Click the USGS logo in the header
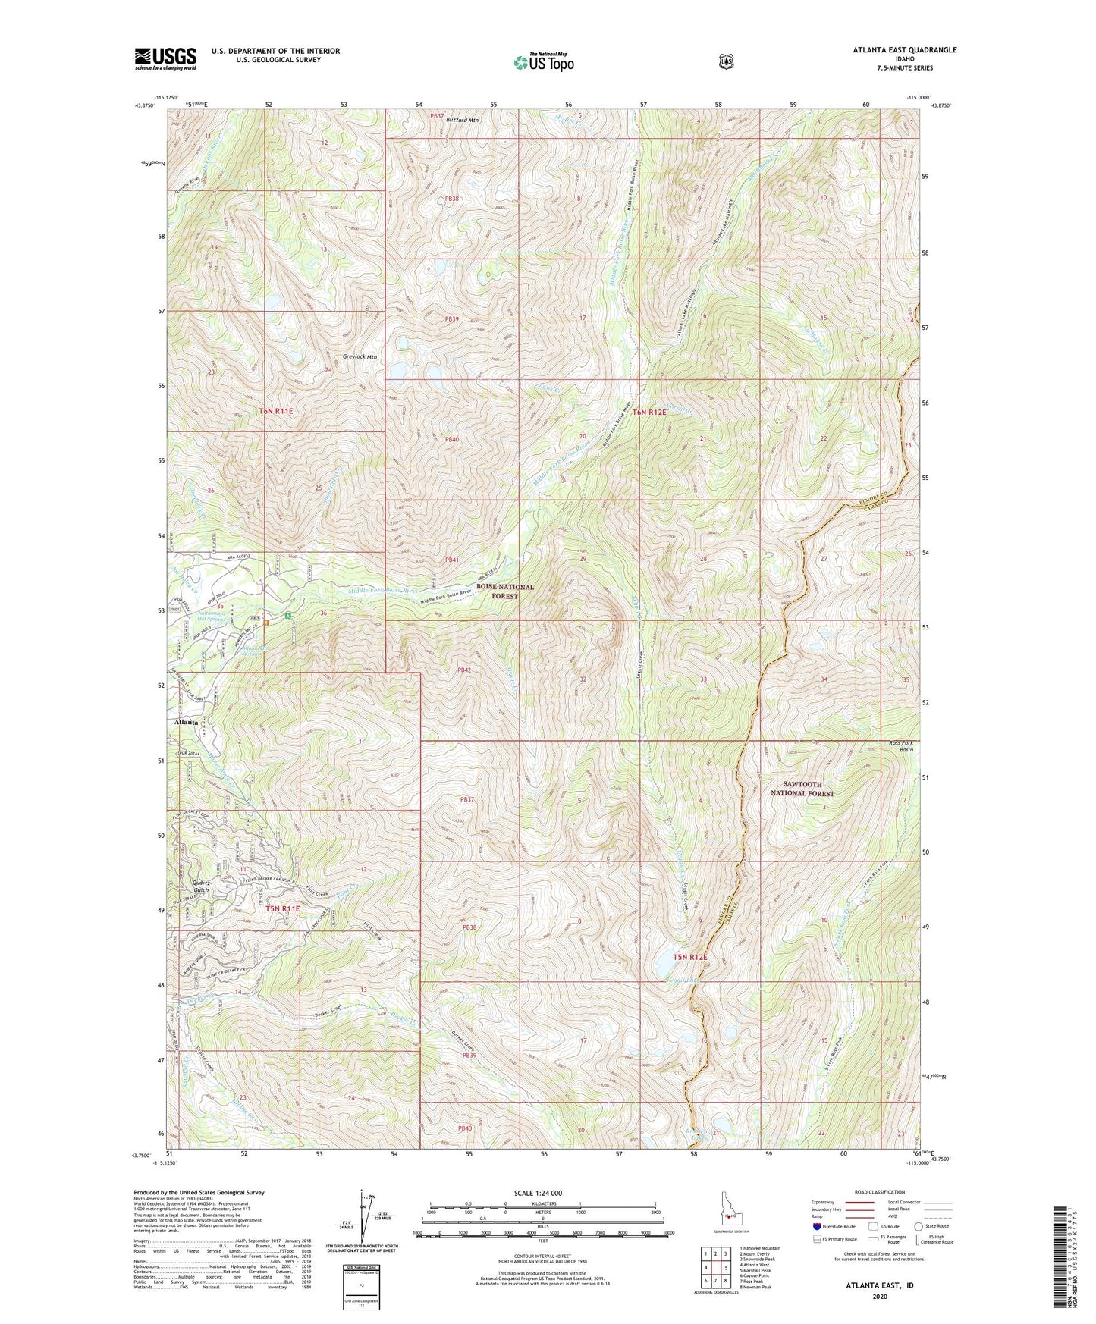(165, 58)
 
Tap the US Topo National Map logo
(543, 62)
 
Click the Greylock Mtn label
(356, 356)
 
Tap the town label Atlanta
(186, 723)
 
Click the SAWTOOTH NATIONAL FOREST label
(802, 789)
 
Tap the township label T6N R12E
(649, 413)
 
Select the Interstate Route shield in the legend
(816, 1226)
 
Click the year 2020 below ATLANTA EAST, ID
(879, 1297)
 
